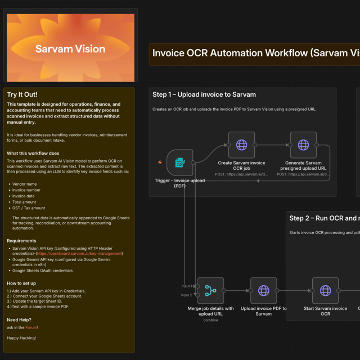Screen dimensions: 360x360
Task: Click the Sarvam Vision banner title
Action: [x=70, y=49]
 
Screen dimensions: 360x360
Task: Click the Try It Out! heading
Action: [x=22, y=94]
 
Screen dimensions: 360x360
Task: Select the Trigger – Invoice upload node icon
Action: [x=180, y=163]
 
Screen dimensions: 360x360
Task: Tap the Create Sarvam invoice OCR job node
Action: [x=241, y=145]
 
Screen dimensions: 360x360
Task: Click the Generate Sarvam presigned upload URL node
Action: [x=303, y=145]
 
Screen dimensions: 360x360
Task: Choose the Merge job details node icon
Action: [x=210, y=291]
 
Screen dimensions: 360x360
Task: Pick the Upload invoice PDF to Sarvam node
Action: [x=263, y=291]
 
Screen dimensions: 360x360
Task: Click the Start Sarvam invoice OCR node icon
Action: [x=325, y=291]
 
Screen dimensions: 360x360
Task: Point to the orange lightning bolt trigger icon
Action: [x=160, y=163]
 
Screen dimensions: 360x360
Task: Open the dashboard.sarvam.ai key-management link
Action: [x=79, y=254]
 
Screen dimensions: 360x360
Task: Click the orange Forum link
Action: [x=31, y=327]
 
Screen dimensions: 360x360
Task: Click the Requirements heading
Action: [x=21, y=241]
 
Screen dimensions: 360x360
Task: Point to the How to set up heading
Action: [x=21, y=283]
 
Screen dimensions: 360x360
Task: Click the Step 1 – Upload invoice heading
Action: [x=204, y=94]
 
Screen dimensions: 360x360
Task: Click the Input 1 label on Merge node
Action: [x=186, y=286]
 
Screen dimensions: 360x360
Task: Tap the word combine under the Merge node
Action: [x=210, y=320]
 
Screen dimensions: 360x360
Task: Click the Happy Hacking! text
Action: [x=21, y=338]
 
